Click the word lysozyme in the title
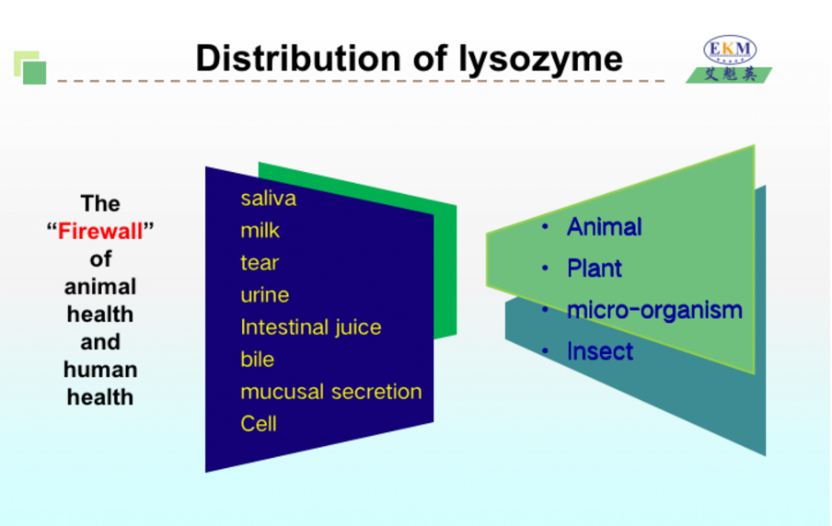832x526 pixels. coord(540,60)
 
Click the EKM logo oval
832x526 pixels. coord(730,50)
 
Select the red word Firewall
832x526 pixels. coord(100,231)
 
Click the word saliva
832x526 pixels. coord(269,199)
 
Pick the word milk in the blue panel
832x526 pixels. coord(260,231)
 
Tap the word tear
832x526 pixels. coord(260,263)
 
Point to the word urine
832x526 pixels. coord(265,295)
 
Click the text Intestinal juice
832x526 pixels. coord(311,327)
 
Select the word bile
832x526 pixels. coord(258,360)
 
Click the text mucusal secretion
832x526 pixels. coord(331,392)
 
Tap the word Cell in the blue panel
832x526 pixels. coord(259,424)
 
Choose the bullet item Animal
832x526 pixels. coord(605,227)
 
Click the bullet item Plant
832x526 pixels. coord(595,269)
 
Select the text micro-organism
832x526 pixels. coord(654,310)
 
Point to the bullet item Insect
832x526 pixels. coord(600,351)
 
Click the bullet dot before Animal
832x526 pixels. coord(545,227)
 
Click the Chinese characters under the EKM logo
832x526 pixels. coord(730,74)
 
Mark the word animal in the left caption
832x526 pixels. coord(100,287)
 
